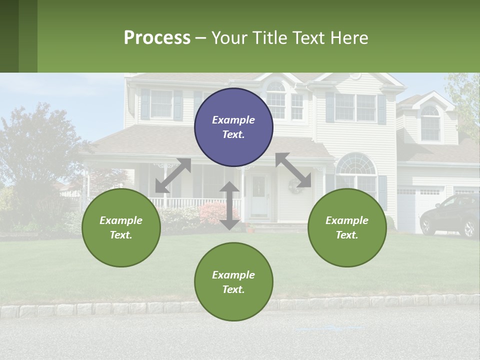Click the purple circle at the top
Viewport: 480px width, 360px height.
(x=233, y=127)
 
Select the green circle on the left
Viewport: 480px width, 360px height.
(x=121, y=227)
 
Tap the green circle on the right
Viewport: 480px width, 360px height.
(x=347, y=227)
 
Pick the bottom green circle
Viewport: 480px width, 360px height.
(x=233, y=282)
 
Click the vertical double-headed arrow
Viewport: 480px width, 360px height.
(x=229, y=205)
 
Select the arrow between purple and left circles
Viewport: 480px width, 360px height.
(x=173, y=175)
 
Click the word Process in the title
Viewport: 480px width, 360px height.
(x=157, y=37)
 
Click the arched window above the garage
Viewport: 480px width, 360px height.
(x=430, y=123)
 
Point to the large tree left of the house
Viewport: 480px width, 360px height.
(x=35, y=155)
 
